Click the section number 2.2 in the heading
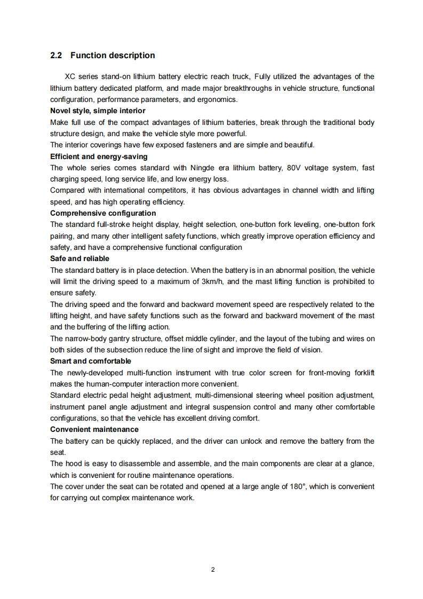(57, 56)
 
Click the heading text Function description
(113, 56)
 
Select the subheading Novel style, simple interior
(98, 111)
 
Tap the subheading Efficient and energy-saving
(99, 156)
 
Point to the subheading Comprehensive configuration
(103, 213)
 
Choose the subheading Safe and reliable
(79, 258)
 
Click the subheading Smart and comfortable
(90, 361)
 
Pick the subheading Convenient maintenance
(94, 429)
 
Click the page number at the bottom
(212, 570)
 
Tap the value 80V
(294, 168)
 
